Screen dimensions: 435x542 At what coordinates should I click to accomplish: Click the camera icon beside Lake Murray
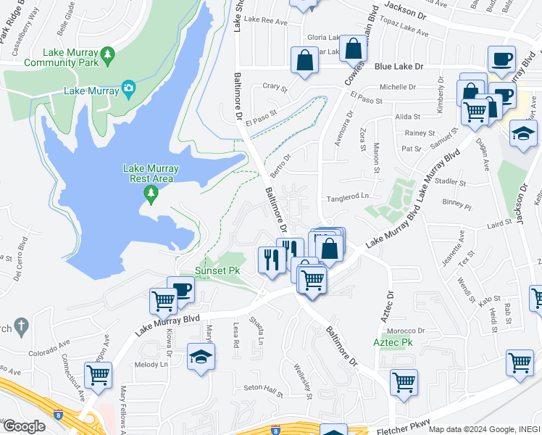[x=128, y=90]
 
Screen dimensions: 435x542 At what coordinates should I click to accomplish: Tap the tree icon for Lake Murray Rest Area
[x=151, y=193]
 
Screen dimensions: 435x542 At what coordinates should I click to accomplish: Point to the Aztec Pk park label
[x=393, y=341]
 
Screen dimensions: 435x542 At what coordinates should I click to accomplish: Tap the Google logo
[x=24, y=426]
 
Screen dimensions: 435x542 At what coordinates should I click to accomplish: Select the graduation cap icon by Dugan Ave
[x=524, y=133]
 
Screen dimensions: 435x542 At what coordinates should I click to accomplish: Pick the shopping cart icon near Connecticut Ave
[x=98, y=375]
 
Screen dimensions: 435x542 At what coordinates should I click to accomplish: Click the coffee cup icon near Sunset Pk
[x=180, y=289]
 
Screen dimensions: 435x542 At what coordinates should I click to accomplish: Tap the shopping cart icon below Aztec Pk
[x=404, y=381]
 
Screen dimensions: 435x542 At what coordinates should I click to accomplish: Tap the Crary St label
[x=275, y=88]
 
